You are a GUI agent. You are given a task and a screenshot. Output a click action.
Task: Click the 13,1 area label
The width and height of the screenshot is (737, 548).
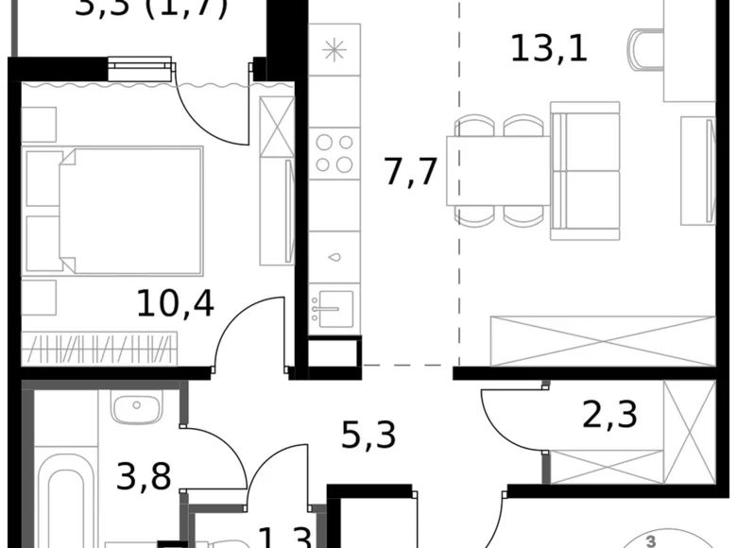548,48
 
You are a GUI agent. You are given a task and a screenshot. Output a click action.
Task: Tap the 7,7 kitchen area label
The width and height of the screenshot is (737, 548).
414,173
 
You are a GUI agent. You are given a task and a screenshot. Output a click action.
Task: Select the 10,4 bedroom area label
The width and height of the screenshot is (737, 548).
175,303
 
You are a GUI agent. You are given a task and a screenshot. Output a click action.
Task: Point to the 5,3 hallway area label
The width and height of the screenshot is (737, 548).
368,437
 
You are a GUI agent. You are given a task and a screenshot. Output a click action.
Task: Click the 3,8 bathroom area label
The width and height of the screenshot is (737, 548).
143,475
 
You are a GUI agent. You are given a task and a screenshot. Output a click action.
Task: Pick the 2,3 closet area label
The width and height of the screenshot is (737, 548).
609,413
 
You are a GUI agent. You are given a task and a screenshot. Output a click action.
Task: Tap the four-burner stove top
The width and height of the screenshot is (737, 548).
334,153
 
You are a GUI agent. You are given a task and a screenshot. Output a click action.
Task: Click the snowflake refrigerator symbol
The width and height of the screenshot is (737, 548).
334,51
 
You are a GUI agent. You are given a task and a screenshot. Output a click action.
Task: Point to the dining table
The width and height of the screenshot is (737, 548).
498,171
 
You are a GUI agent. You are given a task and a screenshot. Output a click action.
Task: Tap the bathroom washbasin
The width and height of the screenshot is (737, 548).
135,408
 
